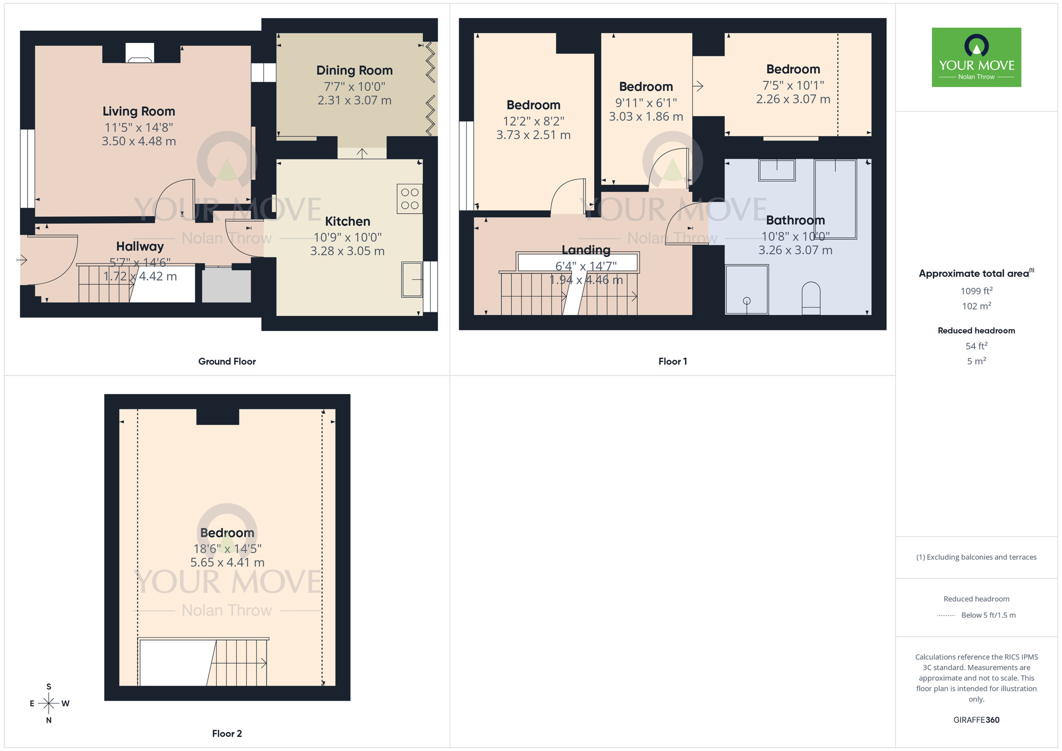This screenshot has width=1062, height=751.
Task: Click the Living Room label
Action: pos(139,112)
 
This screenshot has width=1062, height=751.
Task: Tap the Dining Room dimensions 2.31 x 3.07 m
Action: pos(354,100)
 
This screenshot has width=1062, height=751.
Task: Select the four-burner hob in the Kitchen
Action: pos(409,199)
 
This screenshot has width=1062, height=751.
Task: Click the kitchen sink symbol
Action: pos(412,279)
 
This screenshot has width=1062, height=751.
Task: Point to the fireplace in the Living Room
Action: pos(140,54)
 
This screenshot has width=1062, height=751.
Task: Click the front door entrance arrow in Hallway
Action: pos(22,260)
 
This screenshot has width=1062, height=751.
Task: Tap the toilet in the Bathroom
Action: pos(811,298)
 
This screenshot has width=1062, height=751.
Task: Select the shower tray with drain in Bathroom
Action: pos(747,289)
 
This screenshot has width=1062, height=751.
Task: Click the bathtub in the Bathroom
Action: pos(835,199)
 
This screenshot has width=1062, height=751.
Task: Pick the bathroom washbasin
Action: pos(777,170)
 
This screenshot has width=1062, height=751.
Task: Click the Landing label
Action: pos(586,250)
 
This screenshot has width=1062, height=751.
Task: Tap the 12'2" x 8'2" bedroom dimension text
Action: pos(533,121)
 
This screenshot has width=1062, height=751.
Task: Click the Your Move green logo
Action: pos(976,57)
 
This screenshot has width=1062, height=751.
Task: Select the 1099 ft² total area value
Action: pos(976,291)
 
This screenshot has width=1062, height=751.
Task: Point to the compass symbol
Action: pos(49,703)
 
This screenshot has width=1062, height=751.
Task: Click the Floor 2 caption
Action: pos(227,733)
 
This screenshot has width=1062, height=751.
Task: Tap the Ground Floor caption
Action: pos(227,361)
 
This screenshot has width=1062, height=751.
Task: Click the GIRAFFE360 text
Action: pos(976,720)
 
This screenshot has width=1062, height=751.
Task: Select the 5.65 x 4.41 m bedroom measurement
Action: pos(227,562)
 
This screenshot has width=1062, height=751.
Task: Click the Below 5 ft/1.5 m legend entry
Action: pos(988,615)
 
